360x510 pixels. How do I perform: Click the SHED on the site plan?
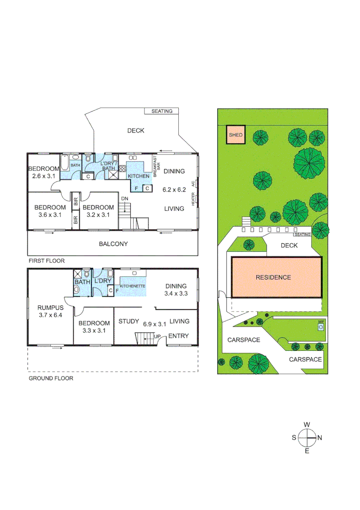(235, 135)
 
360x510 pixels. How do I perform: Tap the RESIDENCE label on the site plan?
(273, 277)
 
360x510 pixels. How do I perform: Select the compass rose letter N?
(319, 438)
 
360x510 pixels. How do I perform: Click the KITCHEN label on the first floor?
(139, 176)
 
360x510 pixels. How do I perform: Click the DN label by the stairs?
(125, 198)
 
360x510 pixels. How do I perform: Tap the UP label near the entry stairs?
(157, 336)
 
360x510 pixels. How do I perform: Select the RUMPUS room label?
(50, 307)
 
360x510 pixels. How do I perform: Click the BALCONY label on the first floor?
(113, 244)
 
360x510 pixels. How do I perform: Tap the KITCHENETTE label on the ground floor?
(132, 286)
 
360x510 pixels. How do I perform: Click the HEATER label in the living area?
(193, 199)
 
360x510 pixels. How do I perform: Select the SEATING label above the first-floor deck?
(162, 111)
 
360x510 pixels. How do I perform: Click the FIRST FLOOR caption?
(46, 261)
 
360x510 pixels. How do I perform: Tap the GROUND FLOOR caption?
(51, 378)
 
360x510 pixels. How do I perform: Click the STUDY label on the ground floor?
(128, 322)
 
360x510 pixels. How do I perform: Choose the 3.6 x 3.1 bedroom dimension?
(50, 215)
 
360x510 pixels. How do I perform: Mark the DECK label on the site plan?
(289, 245)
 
